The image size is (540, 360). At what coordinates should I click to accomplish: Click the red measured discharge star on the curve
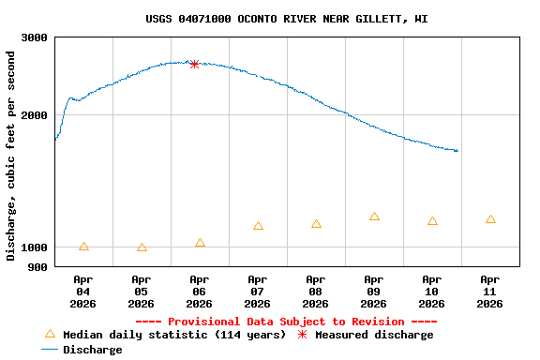194,64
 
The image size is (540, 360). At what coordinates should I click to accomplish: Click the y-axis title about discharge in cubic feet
11,156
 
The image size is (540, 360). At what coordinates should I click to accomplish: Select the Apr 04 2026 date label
83,291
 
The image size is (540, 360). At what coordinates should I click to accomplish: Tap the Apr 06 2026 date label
200,291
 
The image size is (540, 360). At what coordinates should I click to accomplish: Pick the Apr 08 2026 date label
316,291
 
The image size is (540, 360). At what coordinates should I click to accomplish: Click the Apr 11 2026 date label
490,291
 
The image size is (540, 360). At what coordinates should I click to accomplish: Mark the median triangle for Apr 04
84,247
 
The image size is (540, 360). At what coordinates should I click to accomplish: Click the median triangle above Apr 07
258,226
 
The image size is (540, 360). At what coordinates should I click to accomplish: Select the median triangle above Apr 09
374,217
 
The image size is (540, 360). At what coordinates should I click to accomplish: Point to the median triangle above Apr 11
490,219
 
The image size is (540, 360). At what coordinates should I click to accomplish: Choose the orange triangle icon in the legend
51,335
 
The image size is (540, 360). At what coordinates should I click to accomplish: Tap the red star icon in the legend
302,335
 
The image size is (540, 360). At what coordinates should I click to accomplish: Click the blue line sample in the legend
51,350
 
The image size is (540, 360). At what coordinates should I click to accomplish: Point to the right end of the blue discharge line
457,151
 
